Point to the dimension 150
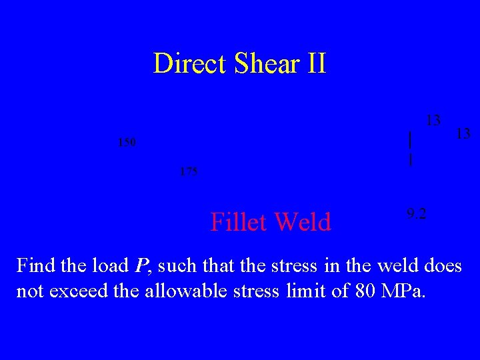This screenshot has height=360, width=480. [x=126, y=142]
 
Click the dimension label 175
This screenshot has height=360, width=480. [x=189, y=172]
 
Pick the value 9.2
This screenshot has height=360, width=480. [x=417, y=214]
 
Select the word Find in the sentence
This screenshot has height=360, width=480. [x=36, y=266]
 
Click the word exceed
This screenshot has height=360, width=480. [x=86, y=291]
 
